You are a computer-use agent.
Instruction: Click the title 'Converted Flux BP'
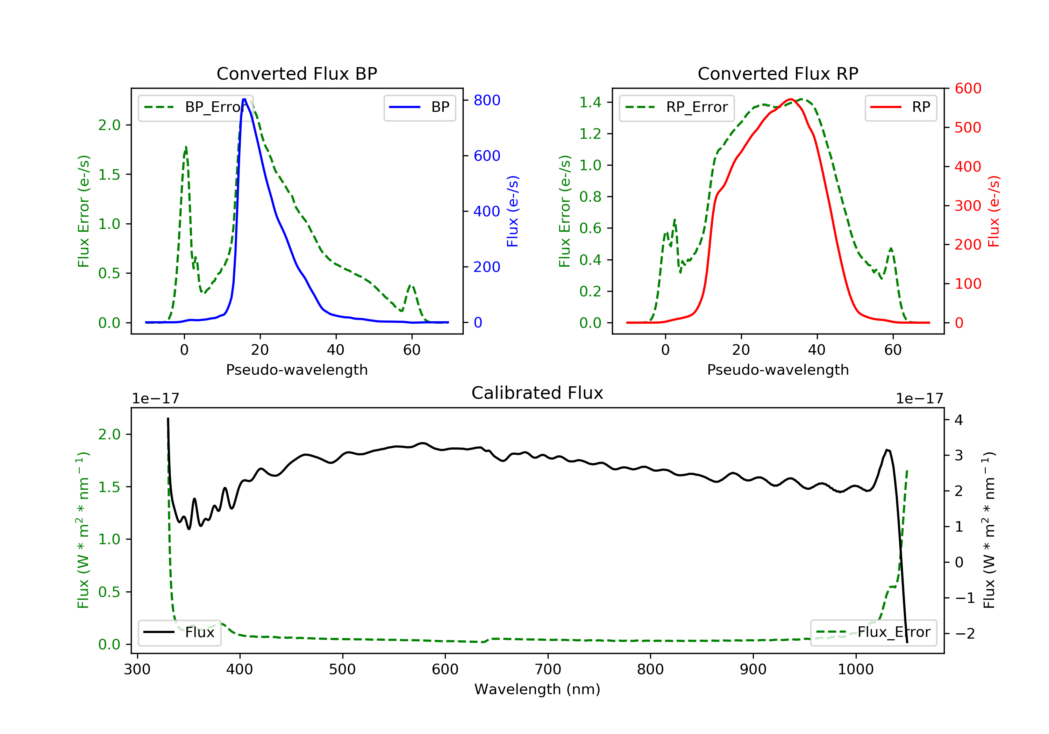[x=297, y=73]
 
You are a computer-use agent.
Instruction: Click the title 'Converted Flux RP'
[x=778, y=73]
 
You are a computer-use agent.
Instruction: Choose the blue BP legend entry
[x=419, y=107]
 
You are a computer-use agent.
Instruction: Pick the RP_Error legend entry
[x=677, y=107]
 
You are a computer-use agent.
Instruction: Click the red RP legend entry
[x=900, y=107]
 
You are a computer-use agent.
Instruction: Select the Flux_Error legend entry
[x=873, y=632]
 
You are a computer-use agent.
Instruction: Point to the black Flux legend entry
[x=179, y=632]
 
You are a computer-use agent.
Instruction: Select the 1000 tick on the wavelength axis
[x=855, y=670]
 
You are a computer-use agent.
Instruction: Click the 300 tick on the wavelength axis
[x=137, y=670]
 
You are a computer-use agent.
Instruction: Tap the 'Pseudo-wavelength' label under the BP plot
[x=297, y=369]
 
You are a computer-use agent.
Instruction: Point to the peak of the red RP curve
[x=790, y=99]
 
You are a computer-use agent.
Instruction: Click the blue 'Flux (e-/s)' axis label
[x=513, y=211]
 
